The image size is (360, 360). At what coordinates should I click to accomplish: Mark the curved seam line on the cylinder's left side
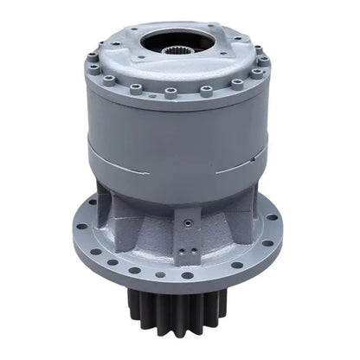[112, 162]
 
